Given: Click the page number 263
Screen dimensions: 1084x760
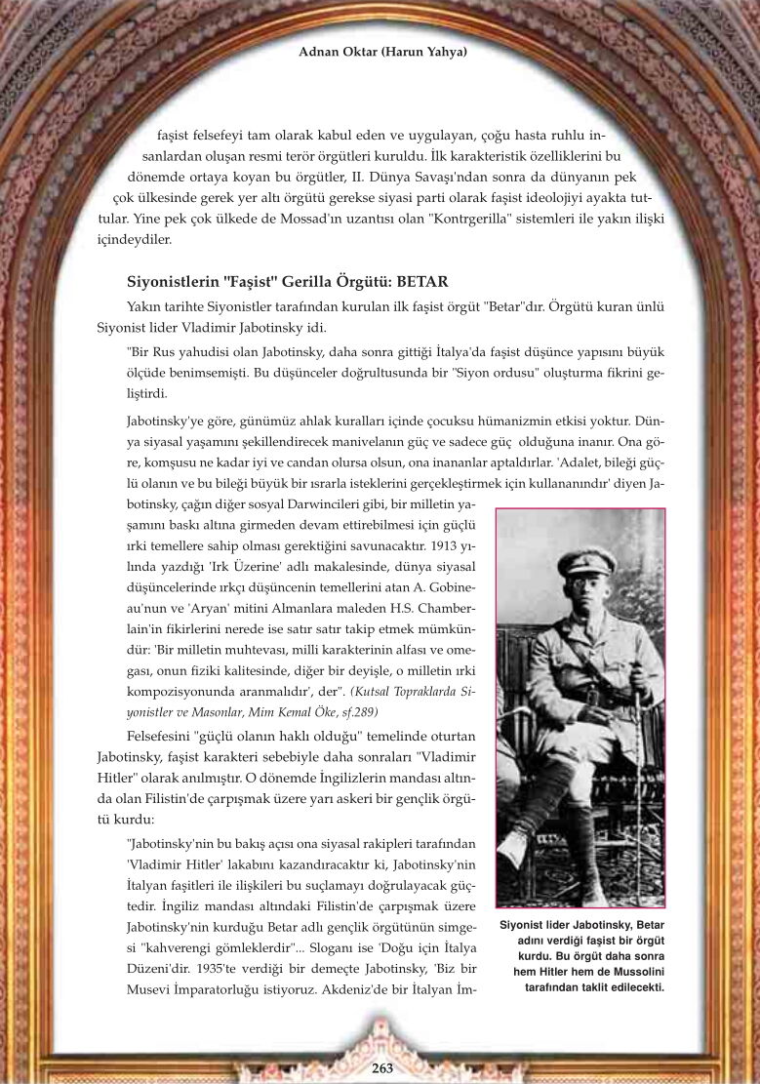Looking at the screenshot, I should coord(382,1068).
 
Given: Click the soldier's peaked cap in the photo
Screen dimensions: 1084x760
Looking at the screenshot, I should coord(586,560).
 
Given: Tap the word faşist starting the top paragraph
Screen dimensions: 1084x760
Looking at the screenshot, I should coord(175,135).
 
